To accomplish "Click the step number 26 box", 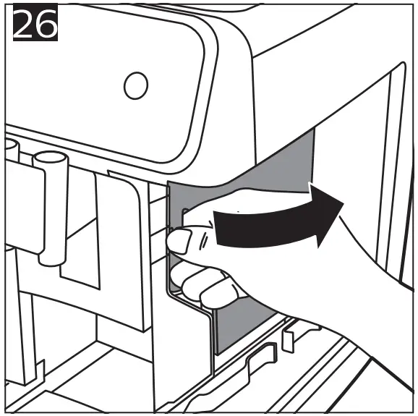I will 35,27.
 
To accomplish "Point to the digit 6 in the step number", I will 46,27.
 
